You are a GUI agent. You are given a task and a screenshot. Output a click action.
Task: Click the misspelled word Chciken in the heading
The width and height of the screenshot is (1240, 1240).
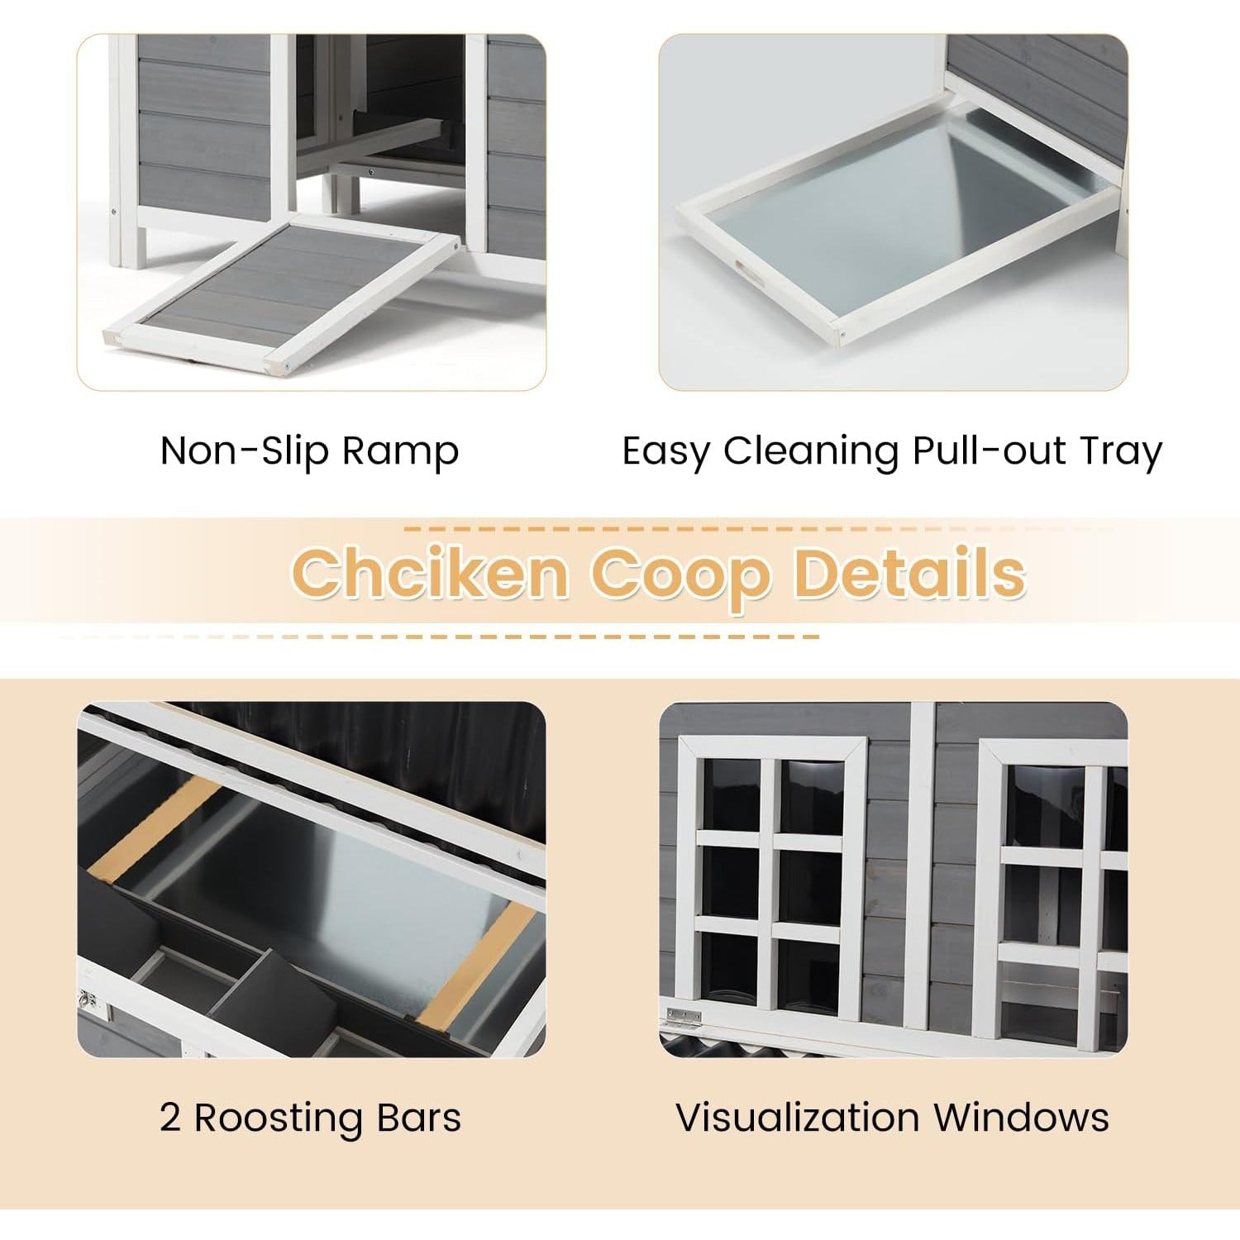pos(430,573)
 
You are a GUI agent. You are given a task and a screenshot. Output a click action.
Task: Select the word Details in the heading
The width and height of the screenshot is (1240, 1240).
pos(908,573)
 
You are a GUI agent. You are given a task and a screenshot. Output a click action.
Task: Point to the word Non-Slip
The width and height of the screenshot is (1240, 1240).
pos(245,451)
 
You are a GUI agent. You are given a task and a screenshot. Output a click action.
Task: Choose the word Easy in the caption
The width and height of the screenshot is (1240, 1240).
pos(665,452)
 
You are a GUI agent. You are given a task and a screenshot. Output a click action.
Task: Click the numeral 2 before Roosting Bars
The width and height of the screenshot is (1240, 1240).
pos(170,1118)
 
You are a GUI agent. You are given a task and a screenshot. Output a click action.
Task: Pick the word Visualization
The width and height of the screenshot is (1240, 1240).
pos(797,1118)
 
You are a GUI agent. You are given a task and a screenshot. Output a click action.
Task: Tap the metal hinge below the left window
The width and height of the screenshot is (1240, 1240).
pos(684,1015)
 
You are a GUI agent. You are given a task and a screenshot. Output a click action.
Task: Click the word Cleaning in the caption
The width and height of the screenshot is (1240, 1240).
pos(811,452)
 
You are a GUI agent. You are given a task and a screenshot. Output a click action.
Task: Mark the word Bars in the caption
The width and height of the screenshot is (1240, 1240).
pos(419,1118)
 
